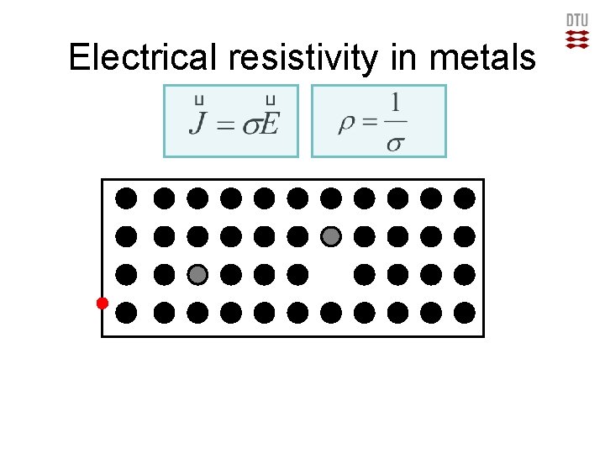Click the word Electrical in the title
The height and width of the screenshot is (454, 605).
click(143, 57)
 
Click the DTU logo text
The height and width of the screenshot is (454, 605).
click(576, 20)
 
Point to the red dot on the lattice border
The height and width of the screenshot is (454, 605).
click(102, 303)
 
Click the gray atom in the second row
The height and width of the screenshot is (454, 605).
click(331, 236)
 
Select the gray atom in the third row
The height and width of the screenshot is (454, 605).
click(197, 274)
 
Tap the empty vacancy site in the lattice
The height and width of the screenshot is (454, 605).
click(331, 274)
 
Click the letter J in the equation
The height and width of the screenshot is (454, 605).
click(197, 125)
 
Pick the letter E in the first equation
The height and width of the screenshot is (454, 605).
click(269, 125)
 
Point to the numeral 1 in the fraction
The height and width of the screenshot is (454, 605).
click(394, 106)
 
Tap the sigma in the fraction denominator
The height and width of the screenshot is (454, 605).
click(394, 144)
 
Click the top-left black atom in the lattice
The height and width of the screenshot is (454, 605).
click(126, 198)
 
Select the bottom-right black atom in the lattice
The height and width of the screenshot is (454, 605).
click(465, 313)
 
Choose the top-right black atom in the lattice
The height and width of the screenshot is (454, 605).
click(465, 198)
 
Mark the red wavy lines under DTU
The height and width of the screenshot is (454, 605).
click(576, 39)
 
